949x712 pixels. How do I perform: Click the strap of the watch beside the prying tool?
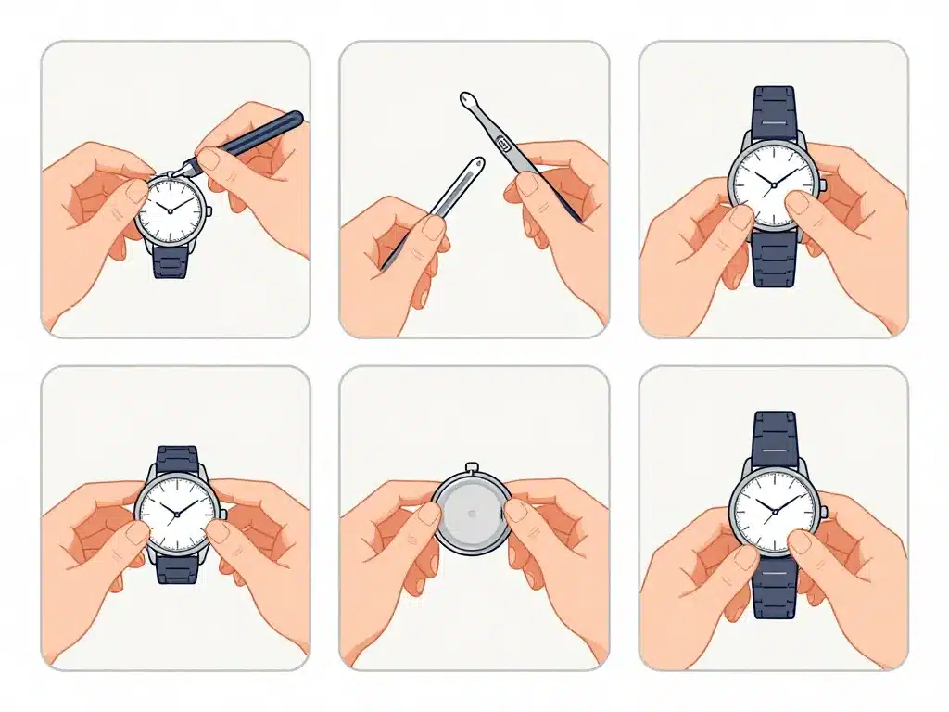point(170,261)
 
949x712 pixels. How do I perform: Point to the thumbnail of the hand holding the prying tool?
point(211,159)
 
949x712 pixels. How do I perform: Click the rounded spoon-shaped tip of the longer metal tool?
point(465,97)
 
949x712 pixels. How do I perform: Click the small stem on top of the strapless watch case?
point(472,467)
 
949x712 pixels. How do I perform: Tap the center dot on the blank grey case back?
point(472,513)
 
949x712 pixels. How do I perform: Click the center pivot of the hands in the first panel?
point(170,210)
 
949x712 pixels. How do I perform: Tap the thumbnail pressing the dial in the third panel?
point(797,203)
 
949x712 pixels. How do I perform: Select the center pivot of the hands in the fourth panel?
point(177,513)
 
